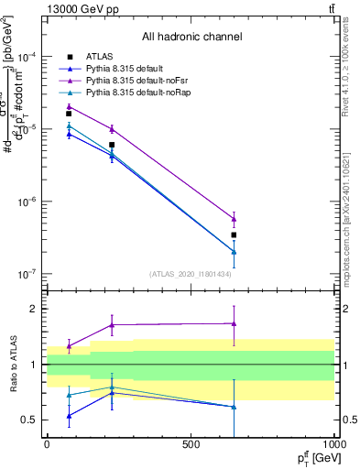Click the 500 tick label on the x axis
coord(191,443)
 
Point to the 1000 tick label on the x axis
coord(333,443)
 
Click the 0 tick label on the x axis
coord(47,443)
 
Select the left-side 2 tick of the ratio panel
coord(33,309)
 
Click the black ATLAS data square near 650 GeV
coord(234,235)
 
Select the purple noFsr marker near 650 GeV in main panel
coord(234,219)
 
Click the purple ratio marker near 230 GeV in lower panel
coord(112,325)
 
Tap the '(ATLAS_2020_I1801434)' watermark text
coord(190,274)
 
